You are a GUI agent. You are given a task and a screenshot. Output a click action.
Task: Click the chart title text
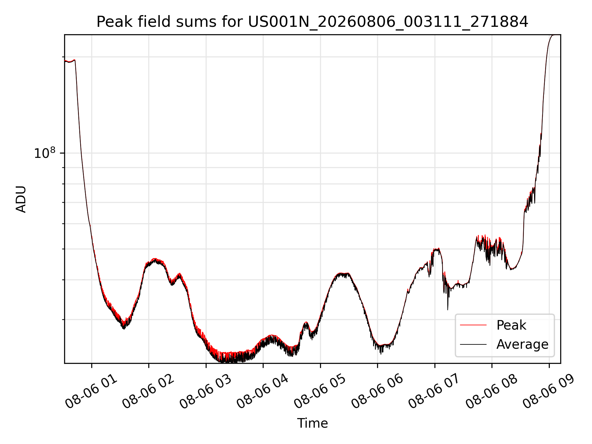pos(312,22)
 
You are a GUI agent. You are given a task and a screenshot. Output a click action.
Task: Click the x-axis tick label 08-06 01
pos(91,392)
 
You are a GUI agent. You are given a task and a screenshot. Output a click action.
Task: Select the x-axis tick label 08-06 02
pos(148,392)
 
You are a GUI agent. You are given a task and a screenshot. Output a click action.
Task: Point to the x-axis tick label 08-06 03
pos(206,392)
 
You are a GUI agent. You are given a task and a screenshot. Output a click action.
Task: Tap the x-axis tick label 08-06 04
pos(263,392)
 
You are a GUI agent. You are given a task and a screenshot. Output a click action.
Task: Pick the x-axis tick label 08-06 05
pos(320,392)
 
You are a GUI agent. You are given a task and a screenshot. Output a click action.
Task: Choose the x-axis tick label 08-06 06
pos(377,392)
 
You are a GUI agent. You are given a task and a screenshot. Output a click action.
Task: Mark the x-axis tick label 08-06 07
pos(434,392)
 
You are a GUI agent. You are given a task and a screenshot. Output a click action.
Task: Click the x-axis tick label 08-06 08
pos(491,392)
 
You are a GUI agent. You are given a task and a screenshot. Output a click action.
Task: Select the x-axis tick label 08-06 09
pos(549,392)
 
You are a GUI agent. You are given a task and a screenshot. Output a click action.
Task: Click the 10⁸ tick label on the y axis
pos(45,153)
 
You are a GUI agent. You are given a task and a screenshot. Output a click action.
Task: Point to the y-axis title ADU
pos(21,199)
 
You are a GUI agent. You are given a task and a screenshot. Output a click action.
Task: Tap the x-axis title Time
pos(312,423)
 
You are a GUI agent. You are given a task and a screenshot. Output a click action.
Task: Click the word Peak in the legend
pos(511,325)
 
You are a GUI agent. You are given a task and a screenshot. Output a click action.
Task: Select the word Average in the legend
pos(522,344)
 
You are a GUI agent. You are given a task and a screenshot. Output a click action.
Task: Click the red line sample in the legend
pos(473,325)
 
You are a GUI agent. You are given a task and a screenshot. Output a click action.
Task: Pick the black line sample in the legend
pos(473,344)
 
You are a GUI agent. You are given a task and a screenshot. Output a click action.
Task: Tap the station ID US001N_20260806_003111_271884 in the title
pos(388,22)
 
